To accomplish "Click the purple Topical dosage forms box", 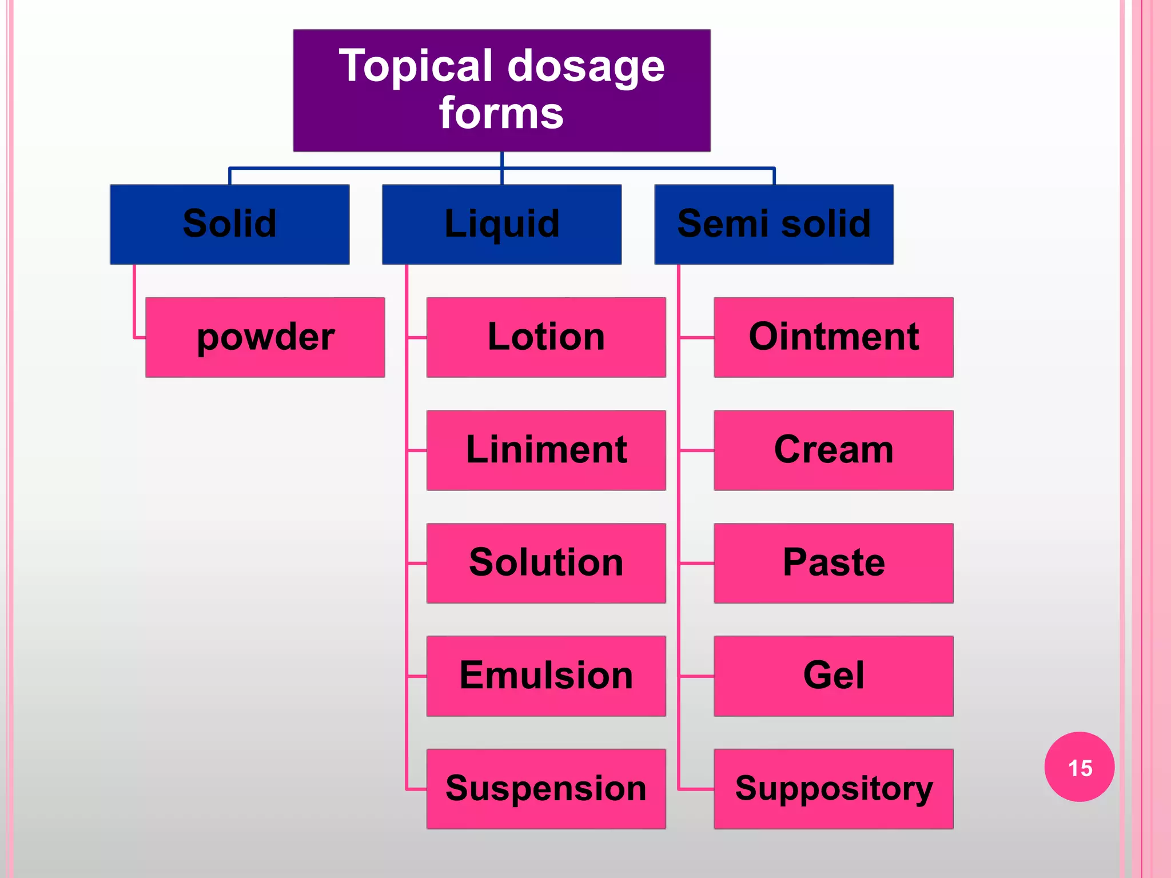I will coord(501,90).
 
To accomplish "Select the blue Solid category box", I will coord(229,224).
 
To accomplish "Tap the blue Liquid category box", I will coord(501,224).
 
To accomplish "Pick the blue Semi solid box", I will coord(774,224).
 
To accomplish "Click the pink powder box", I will coord(265,337).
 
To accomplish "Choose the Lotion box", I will coord(546,337).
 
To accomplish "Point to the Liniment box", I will coord(546,450).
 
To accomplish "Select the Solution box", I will coord(546,562).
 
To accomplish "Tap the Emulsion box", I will coord(546,676).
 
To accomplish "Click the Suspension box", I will coord(546,788).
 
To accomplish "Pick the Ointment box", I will coord(833,337).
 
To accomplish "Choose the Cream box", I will coord(833,450).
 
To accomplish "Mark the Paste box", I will coord(833,562).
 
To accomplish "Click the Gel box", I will coord(833,676).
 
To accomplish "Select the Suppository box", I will coord(833,788).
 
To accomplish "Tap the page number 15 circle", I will coord(1079,767).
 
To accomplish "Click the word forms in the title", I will coord(501,113).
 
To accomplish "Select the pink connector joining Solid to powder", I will coord(134,303).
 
